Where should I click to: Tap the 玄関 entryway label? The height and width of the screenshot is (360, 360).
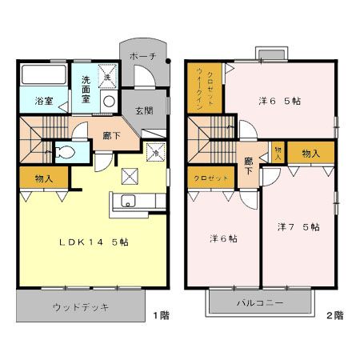143,110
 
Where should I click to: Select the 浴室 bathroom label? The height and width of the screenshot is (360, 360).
43,102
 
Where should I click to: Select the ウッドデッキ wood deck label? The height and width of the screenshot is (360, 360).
80,308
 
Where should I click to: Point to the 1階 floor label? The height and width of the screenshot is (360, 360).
160,314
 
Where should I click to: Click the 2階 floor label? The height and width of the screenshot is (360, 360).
334,314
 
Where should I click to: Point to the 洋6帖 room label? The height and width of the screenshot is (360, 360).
222,238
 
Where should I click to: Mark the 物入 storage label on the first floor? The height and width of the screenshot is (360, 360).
43,178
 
